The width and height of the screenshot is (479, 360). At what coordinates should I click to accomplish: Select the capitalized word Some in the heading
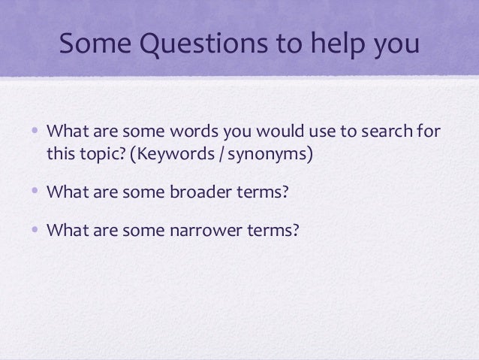click(92, 49)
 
